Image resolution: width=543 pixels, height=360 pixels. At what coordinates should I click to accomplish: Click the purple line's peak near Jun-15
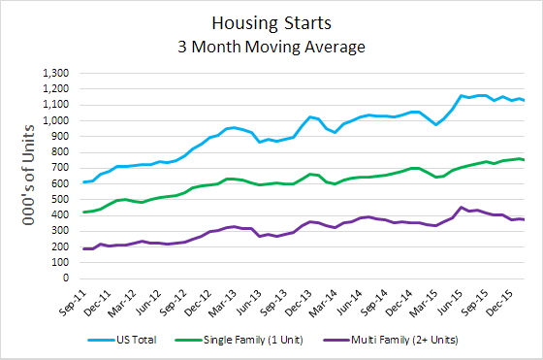(434, 207)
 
